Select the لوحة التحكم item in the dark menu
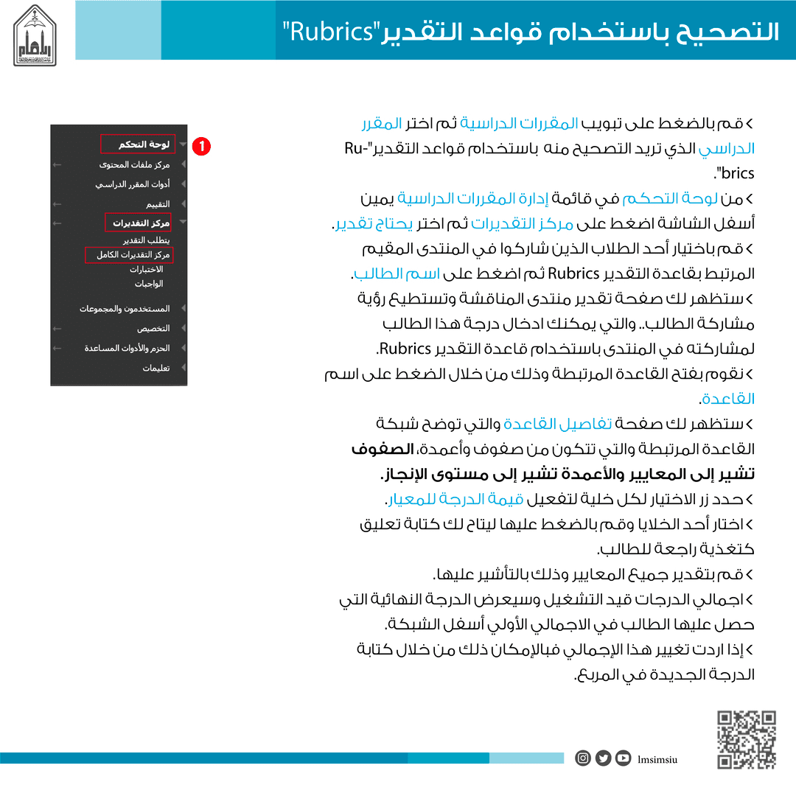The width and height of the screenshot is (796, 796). pyautogui.click(x=144, y=144)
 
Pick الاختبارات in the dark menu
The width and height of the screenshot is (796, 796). pyautogui.click(x=146, y=270)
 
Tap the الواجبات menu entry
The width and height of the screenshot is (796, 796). pyautogui.click(x=149, y=284)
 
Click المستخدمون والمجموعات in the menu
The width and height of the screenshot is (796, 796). pyautogui.click(x=125, y=309)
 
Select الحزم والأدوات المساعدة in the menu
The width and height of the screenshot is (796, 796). pyautogui.click(x=127, y=349)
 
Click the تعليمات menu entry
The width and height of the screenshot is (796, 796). pyautogui.click(x=156, y=369)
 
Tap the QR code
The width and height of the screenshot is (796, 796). pyautogui.click(x=747, y=739)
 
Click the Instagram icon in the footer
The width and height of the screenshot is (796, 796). pyautogui.click(x=583, y=758)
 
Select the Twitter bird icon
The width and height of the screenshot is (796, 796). pyautogui.click(x=603, y=758)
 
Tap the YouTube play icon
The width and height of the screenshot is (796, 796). pyautogui.click(x=624, y=758)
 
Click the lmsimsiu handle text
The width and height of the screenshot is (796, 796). pyautogui.click(x=657, y=758)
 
